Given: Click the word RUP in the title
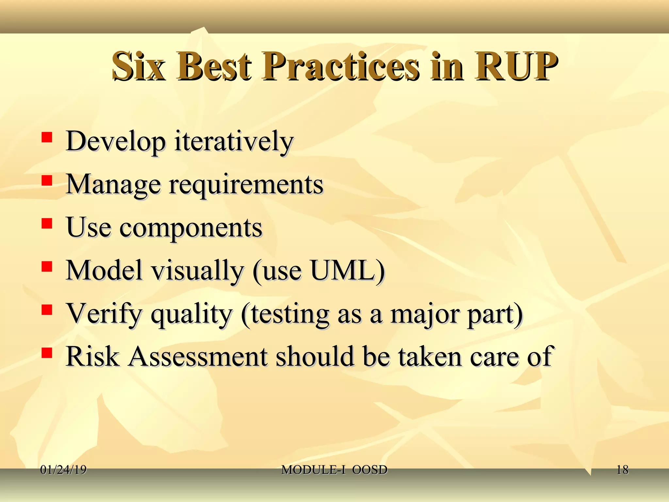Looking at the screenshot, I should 516,67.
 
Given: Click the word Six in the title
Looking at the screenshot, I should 139,67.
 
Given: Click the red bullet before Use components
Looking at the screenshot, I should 47,224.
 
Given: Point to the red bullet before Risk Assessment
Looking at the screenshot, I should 47,353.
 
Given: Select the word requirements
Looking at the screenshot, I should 246,185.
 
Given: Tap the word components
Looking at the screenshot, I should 191,228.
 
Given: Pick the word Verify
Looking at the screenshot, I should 104,314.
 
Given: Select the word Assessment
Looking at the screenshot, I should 198,357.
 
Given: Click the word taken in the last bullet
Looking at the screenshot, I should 430,357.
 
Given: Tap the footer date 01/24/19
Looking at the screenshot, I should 63,470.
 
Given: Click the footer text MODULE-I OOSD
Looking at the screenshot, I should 334,470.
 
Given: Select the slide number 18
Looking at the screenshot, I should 622,470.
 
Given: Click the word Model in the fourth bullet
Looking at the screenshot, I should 104,271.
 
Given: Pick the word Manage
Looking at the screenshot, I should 113,185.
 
